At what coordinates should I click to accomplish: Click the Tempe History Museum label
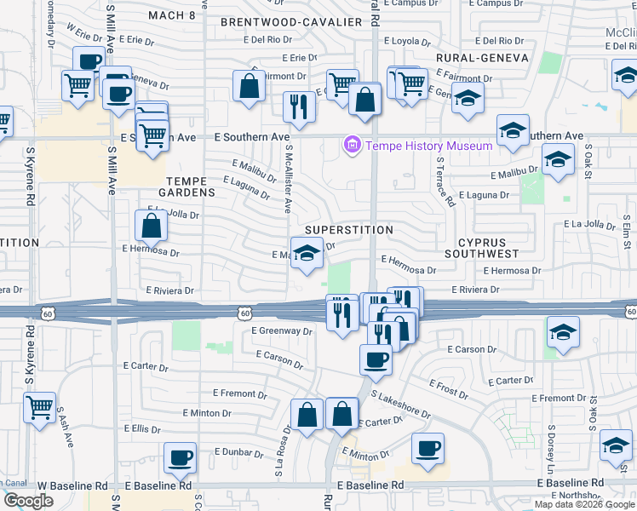coord(429,146)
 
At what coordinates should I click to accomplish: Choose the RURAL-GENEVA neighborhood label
coord(482,58)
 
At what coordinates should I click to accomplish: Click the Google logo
coord(28,500)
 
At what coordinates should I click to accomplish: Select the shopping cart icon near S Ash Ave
coord(38,407)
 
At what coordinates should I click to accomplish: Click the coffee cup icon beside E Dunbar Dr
coord(180,456)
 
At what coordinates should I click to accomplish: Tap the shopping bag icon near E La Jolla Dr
coord(151,226)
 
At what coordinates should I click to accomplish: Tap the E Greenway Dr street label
coord(282,330)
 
